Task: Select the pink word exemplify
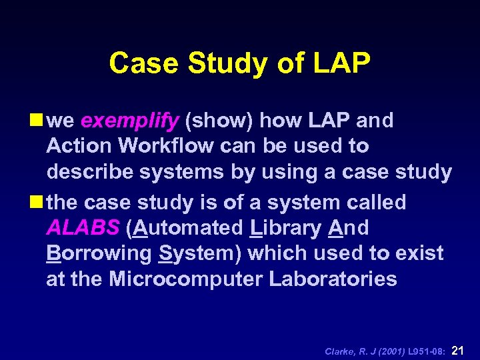click(x=130, y=121)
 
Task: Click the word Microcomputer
click(x=186, y=279)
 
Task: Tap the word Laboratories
click(x=333, y=279)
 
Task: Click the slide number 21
click(x=458, y=349)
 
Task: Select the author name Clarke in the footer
click(x=340, y=351)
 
